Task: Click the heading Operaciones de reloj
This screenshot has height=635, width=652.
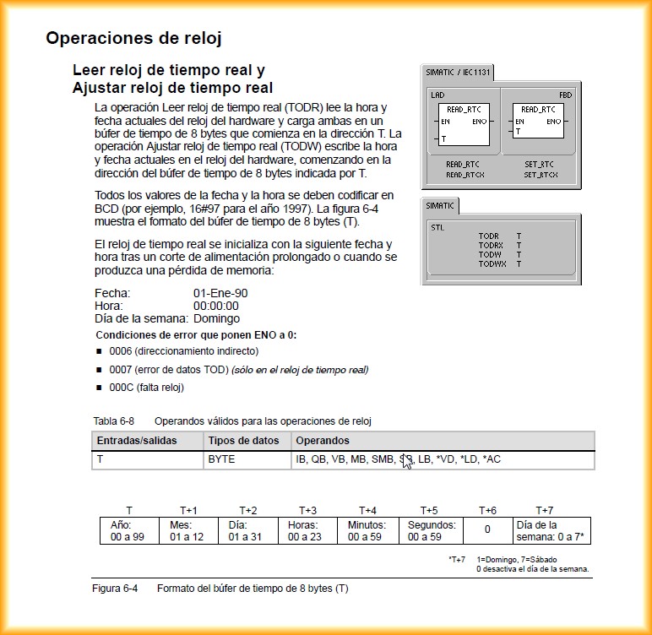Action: click(x=133, y=38)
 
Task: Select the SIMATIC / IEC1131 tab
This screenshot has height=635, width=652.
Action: click(x=457, y=73)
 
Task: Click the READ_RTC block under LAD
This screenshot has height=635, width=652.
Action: click(x=464, y=122)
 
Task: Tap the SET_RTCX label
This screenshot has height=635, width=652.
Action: click(x=540, y=175)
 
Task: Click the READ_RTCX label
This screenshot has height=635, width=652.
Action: click(x=465, y=175)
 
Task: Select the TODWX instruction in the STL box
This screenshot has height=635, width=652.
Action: click(x=492, y=264)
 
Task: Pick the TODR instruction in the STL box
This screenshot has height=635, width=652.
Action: click(x=490, y=236)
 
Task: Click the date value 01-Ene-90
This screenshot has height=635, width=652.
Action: click(x=220, y=293)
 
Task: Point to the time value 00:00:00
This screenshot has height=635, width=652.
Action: click(x=216, y=306)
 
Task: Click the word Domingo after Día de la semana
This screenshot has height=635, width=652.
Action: click(x=216, y=318)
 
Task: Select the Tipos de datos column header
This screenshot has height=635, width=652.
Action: click(x=243, y=441)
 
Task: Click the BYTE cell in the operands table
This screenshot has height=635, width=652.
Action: click(x=221, y=459)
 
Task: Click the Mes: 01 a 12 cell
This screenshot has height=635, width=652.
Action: click(x=187, y=530)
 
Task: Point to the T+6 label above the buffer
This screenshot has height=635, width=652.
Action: click(x=487, y=510)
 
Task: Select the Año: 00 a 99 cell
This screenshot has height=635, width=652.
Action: click(x=128, y=530)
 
